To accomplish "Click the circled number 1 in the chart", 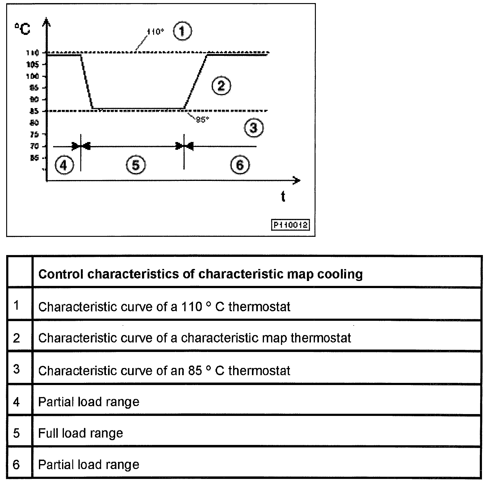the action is click(x=182, y=31).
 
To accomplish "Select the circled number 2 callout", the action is click(x=221, y=86).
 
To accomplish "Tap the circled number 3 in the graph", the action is click(x=253, y=128).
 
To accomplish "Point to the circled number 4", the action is click(x=64, y=165).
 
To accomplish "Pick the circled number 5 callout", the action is click(x=136, y=165).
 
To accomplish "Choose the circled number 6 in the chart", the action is click(x=240, y=165).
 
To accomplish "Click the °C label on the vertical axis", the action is click(x=22, y=29).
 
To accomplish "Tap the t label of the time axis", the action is click(x=283, y=196).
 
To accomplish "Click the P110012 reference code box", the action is click(x=290, y=224).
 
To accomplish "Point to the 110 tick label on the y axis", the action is click(x=32, y=53).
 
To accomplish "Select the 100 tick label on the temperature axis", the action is click(x=32, y=76).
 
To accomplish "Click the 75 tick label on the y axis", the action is click(x=34, y=134).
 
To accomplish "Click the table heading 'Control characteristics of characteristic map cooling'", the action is click(x=200, y=274).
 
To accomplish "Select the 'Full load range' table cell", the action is click(x=81, y=433).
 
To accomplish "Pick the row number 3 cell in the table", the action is click(x=17, y=369).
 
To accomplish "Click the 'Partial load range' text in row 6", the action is click(x=89, y=465).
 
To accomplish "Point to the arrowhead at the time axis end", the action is click(x=297, y=181).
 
